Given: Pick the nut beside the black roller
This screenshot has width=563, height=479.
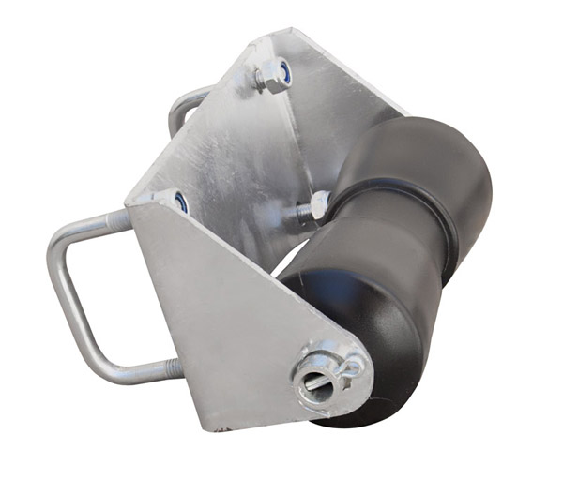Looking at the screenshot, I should (x=318, y=203).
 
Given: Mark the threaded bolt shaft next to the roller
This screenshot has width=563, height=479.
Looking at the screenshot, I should (x=298, y=214).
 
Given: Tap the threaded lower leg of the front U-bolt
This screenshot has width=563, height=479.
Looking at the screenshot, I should (x=141, y=369).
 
